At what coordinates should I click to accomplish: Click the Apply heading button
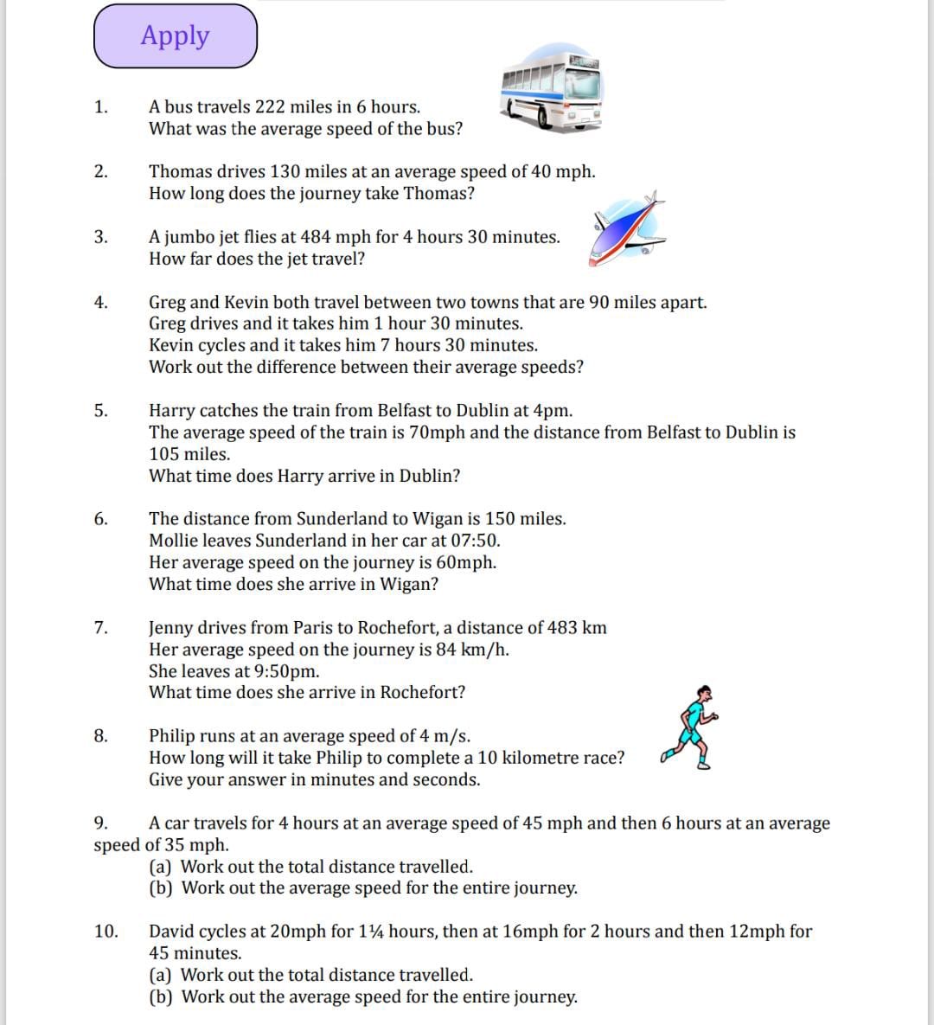[176, 36]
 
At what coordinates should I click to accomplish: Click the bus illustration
[551, 92]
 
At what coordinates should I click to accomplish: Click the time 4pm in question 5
[553, 410]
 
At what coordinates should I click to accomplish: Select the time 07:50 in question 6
[475, 541]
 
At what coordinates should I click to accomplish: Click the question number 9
[100, 823]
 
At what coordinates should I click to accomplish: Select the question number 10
[106, 932]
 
